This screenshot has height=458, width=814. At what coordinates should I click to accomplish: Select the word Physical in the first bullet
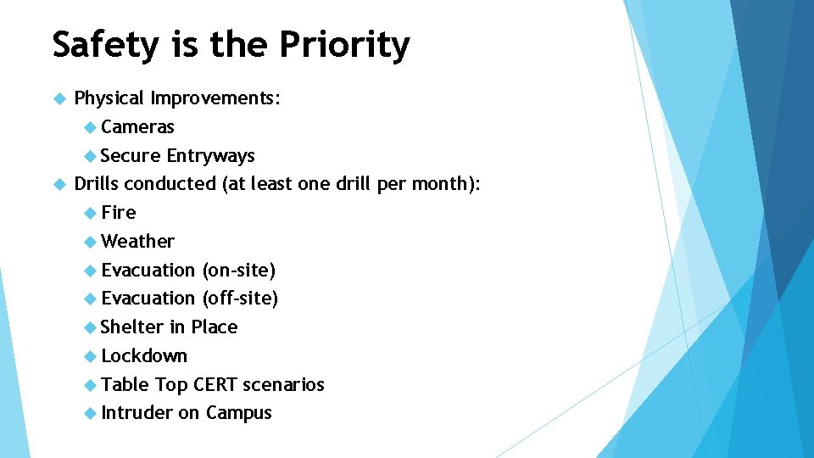[x=109, y=98]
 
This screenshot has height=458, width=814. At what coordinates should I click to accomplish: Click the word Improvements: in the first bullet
[x=215, y=98]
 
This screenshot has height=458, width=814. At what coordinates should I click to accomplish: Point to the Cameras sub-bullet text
[x=137, y=127]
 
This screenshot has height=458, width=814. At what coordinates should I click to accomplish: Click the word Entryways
[x=210, y=156]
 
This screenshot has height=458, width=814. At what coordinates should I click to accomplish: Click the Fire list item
[x=118, y=213]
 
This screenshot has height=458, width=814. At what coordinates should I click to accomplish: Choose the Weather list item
[x=137, y=242]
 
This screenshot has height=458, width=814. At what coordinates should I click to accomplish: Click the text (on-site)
[x=238, y=271]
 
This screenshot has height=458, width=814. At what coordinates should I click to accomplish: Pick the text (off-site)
[x=240, y=299]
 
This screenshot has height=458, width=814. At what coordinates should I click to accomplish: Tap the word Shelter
[x=131, y=327]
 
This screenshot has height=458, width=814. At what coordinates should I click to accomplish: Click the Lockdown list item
[x=143, y=356]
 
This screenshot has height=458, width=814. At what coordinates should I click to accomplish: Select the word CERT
[x=215, y=385]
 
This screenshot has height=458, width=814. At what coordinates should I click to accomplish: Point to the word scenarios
[x=283, y=385]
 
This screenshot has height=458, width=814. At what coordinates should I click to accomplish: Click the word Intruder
[x=137, y=413]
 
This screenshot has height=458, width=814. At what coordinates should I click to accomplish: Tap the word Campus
[x=238, y=413]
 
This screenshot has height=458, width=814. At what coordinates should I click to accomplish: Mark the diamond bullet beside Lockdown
[x=91, y=356]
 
